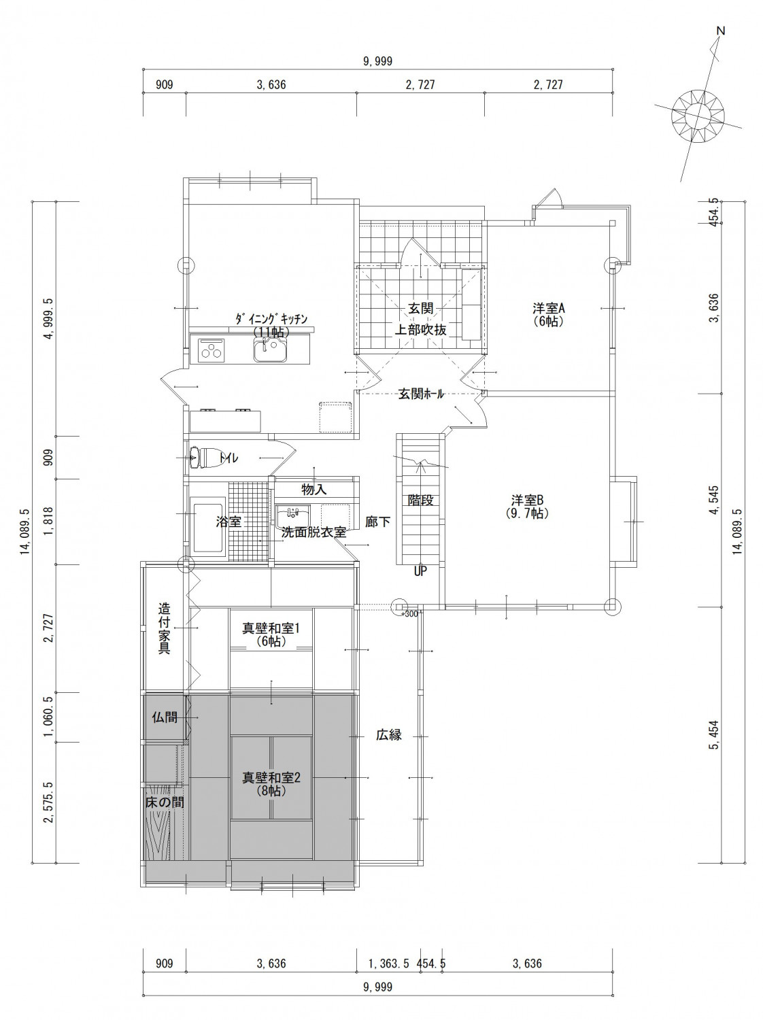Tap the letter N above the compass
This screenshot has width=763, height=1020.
[721, 31]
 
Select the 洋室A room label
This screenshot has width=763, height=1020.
[548, 308]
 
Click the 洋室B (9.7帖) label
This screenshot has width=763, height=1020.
[527, 507]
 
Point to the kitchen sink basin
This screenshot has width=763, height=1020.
[271, 350]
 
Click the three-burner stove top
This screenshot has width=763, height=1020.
[212, 350]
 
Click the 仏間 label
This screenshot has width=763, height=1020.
[165, 717]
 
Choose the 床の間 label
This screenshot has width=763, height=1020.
[165, 802]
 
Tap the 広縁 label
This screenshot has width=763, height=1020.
[389, 735]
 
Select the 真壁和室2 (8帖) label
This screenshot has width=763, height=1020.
[271, 783]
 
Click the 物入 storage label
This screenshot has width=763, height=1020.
[314, 490]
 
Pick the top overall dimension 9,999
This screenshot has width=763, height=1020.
[379, 61]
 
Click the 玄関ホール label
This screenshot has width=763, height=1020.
[421, 394]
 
